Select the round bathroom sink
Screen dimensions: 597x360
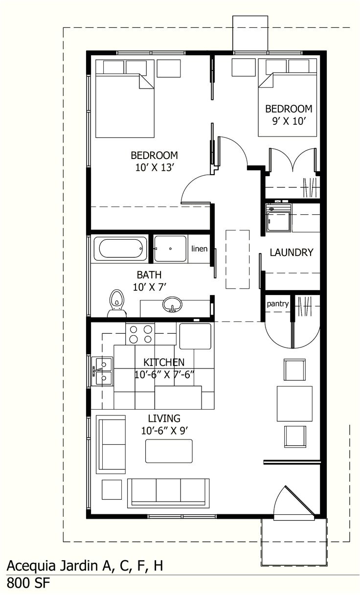172,304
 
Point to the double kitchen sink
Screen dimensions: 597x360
103,371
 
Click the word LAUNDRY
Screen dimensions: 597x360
291,253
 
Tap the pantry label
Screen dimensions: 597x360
277,304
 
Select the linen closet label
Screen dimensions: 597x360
199,249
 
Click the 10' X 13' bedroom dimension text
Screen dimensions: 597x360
155,167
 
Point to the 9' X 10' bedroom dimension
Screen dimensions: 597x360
289,120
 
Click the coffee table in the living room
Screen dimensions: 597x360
169,451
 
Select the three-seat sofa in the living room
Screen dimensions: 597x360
168,492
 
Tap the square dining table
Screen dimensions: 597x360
294,404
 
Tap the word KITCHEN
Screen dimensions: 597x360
164,362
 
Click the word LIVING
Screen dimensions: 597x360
164,418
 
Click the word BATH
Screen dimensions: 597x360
149,275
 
